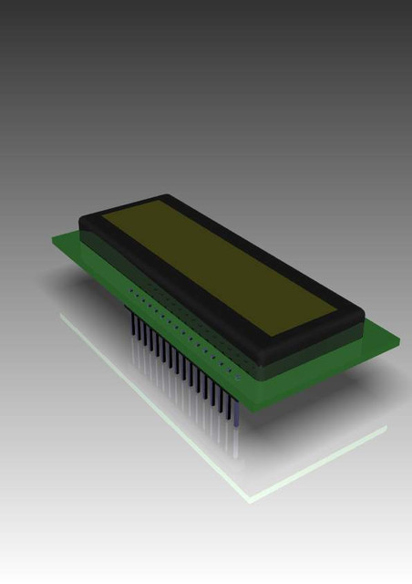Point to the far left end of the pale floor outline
[61, 315]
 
